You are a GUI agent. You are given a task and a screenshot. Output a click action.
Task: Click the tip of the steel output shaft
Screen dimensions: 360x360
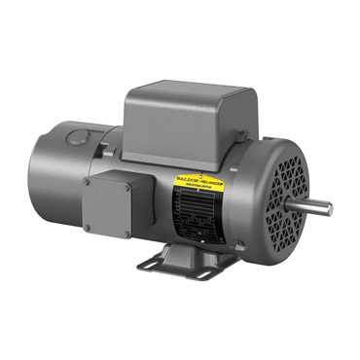328,207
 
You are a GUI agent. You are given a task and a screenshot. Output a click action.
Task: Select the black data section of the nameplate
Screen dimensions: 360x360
199,208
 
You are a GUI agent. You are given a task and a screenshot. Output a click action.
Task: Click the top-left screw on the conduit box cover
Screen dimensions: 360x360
88,181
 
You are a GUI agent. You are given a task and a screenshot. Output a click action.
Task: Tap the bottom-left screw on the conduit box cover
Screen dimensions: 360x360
88,230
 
